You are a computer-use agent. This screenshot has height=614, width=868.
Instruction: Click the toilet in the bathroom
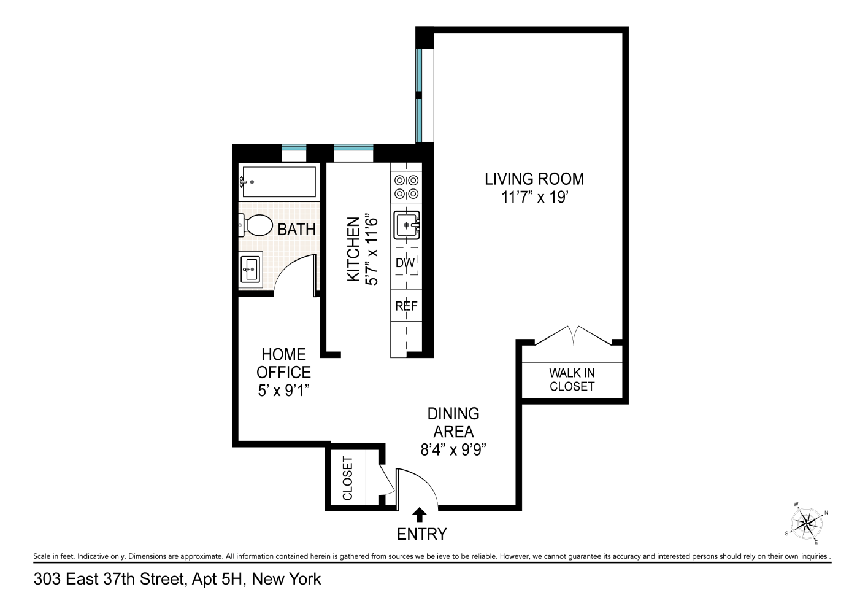(x=256, y=225)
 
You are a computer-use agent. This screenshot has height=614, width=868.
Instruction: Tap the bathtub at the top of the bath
(x=278, y=182)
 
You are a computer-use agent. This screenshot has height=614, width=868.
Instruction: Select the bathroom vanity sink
(x=250, y=269)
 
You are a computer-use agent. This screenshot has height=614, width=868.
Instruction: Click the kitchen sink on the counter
(x=407, y=225)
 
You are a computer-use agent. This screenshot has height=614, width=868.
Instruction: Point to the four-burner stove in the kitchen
(x=406, y=187)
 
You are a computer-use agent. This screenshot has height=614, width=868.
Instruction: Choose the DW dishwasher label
(x=405, y=263)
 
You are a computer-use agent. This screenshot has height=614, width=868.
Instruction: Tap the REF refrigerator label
(x=406, y=306)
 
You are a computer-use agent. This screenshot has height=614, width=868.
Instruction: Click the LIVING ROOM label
(x=534, y=179)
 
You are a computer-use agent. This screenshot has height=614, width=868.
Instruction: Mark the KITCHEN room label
(x=353, y=249)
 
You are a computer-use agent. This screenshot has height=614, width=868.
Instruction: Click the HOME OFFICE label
(x=283, y=363)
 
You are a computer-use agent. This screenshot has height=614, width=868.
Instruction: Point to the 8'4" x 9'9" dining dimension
(x=453, y=449)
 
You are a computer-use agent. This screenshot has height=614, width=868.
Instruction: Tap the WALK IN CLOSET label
(x=572, y=379)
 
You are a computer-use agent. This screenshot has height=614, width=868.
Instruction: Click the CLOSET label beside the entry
(x=348, y=478)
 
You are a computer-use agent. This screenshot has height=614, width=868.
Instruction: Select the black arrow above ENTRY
(x=420, y=514)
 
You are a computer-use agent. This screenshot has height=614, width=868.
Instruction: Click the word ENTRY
(x=422, y=534)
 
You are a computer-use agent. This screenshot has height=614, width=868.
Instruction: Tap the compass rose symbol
(x=806, y=524)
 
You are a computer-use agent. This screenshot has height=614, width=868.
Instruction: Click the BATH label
(x=297, y=230)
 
